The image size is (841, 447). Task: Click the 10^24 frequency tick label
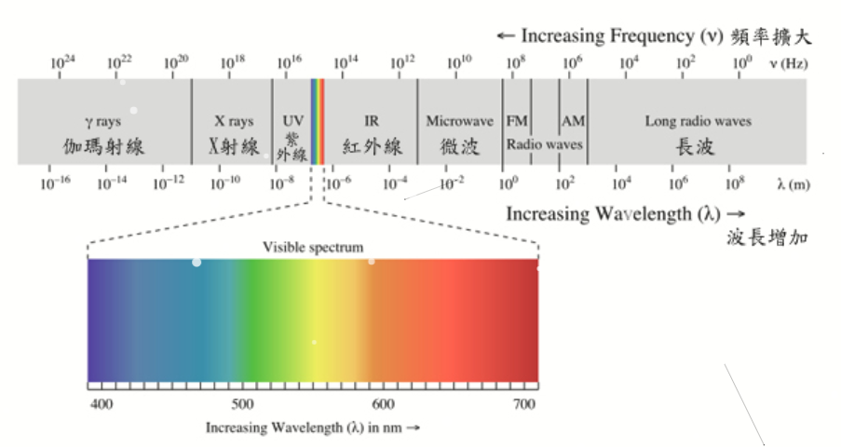tap(62, 62)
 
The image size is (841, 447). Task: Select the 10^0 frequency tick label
tap(741, 62)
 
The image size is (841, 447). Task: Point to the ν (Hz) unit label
tap(788, 63)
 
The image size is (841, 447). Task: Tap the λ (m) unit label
tap(793, 183)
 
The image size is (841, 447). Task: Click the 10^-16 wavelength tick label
tap(55, 183)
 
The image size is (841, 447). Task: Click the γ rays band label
tap(103, 121)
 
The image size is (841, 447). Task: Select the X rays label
tap(234, 121)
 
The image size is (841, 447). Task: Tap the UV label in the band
tap(292, 121)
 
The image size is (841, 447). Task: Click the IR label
tap(372, 121)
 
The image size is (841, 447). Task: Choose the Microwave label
tap(459, 121)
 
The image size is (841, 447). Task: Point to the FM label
tap(517, 121)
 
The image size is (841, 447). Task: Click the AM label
tap(572, 121)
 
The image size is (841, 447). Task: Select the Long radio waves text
tap(698, 121)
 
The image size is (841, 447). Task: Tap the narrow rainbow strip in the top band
tap(318, 122)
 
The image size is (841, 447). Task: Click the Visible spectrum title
tap(312, 247)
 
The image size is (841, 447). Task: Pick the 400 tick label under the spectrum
tap(101, 404)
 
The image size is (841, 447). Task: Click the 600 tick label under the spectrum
tap(381, 404)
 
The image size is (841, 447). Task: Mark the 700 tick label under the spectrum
tap(524, 404)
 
